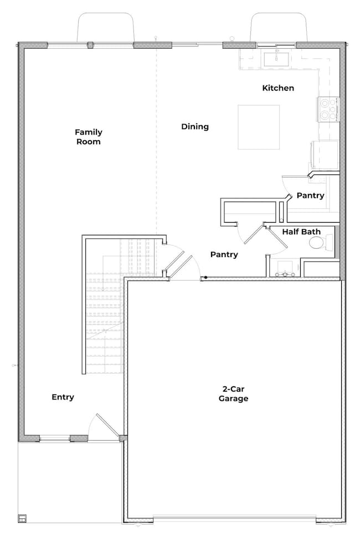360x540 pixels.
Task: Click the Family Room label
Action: tap(89, 137)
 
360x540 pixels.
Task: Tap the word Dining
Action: tap(195, 127)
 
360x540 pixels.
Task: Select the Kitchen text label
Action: tap(278, 88)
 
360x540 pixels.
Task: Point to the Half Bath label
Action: tap(301, 232)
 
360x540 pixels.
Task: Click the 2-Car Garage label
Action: tap(233, 394)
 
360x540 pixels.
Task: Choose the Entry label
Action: tap(63, 397)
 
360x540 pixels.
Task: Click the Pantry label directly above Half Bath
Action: tap(310, 196)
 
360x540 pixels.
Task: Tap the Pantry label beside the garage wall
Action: tap(224, 255)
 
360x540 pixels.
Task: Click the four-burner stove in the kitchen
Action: tap(328, 109)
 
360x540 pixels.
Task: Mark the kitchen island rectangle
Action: tap(259, 127)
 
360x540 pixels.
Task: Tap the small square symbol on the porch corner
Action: tap(22, 519)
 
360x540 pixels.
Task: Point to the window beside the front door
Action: tap(54, 438)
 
